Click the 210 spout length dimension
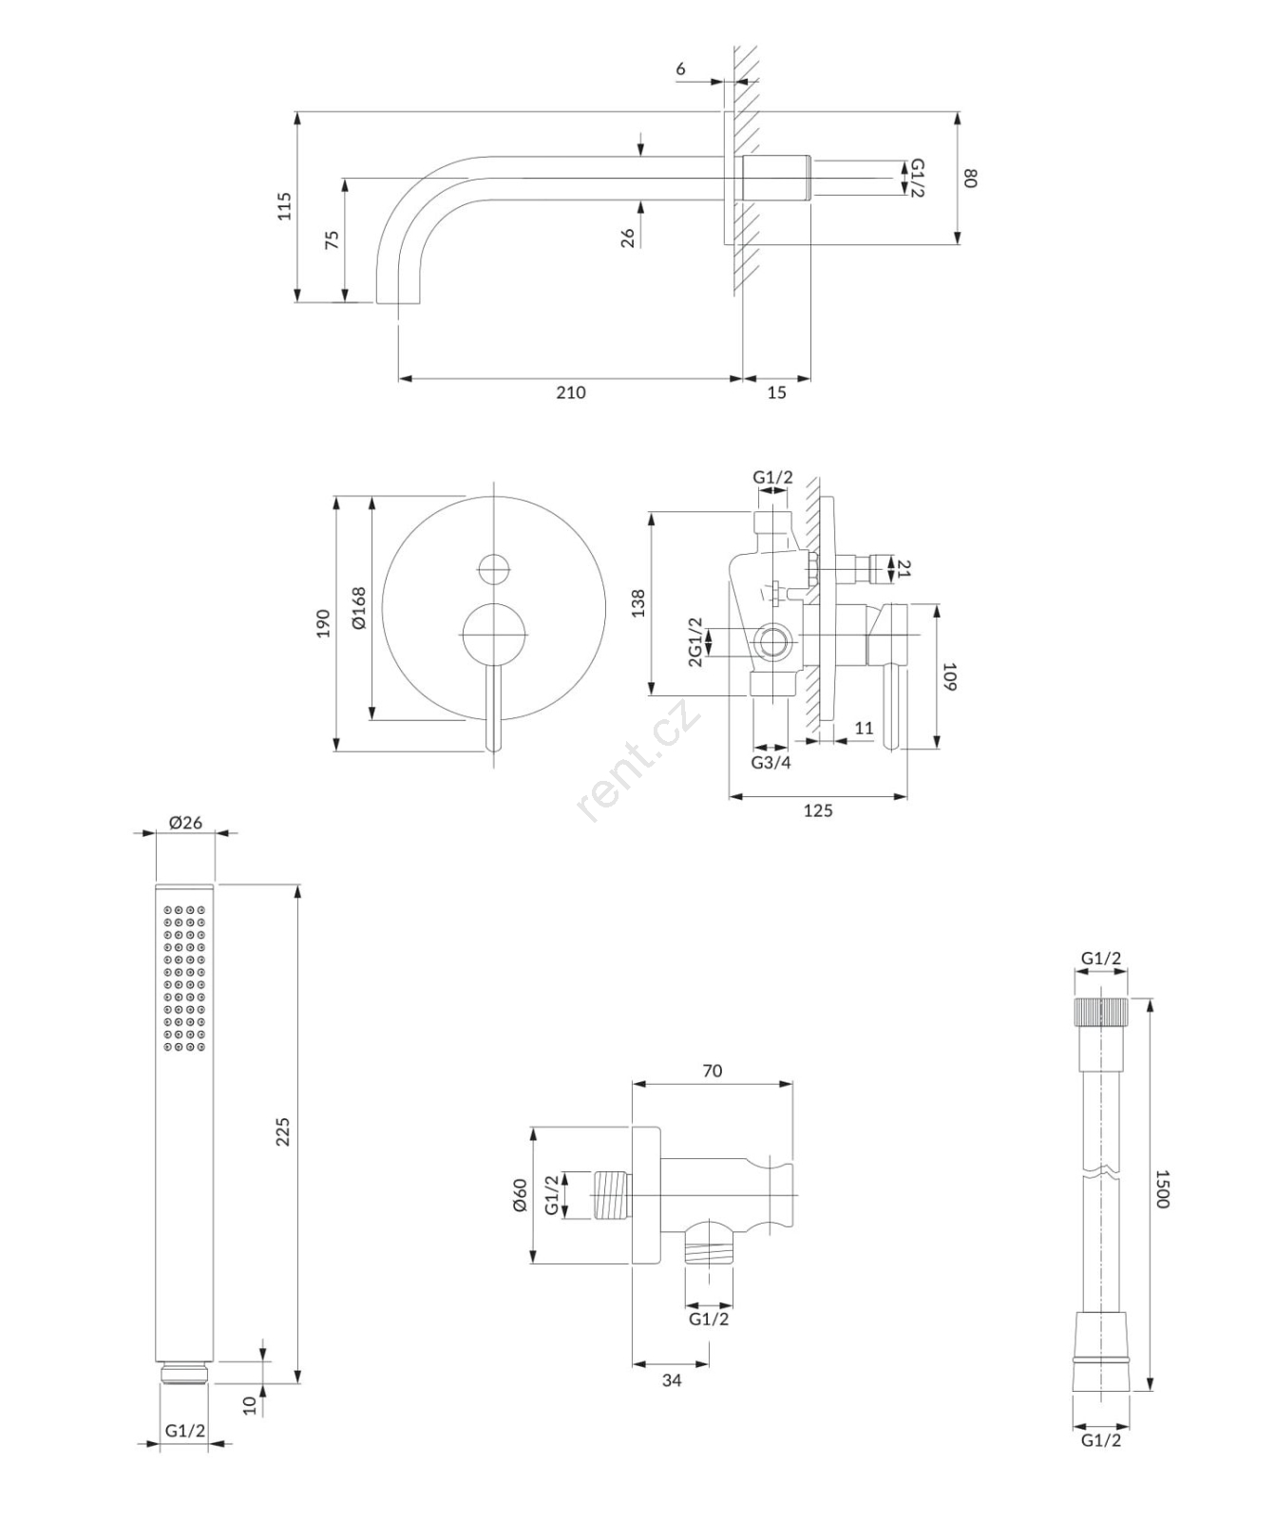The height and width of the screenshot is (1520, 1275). point(571,392)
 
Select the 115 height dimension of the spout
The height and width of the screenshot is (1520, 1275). point(284,206)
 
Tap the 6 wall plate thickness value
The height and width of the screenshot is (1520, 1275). point(680,69)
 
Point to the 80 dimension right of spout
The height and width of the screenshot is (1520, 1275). point(970,178)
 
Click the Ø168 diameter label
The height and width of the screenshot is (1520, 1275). point(358,608)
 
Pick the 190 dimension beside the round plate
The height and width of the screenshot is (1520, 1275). point(323,623)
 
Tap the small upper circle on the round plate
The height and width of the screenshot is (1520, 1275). point(494,569)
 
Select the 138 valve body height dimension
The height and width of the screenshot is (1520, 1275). point(637,603)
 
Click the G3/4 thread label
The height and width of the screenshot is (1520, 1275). point(771,762)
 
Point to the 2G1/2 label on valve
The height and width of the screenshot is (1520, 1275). point(695,642)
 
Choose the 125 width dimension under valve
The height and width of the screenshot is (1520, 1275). point(818,810)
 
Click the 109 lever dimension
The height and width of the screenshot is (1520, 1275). point(949,676)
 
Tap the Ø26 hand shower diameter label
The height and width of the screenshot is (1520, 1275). point(185,822)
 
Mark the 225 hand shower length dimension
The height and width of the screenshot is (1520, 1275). point(283,1132)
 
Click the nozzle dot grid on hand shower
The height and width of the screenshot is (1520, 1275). point(184,978)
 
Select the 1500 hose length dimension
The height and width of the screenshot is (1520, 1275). point(1162,1188)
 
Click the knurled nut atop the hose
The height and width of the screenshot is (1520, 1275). point(1101,1011)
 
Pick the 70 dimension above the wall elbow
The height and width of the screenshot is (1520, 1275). point(712,1071)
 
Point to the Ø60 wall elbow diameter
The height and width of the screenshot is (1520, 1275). point(519,1195)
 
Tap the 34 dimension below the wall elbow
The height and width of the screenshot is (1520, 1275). point(671,1379)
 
